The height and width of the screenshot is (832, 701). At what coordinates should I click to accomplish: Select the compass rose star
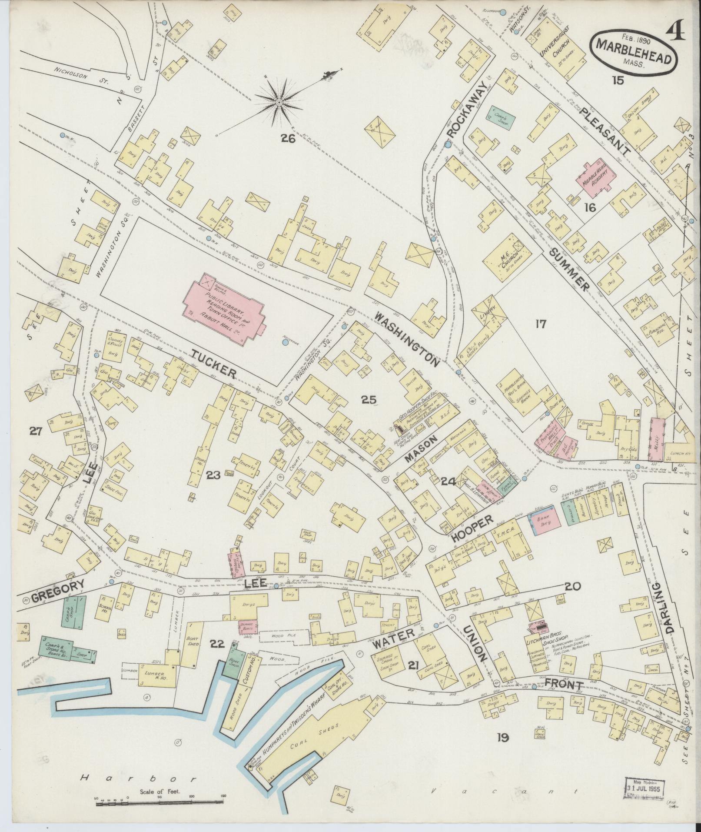[278, 103]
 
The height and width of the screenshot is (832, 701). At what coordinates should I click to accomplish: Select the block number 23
[213, 475]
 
